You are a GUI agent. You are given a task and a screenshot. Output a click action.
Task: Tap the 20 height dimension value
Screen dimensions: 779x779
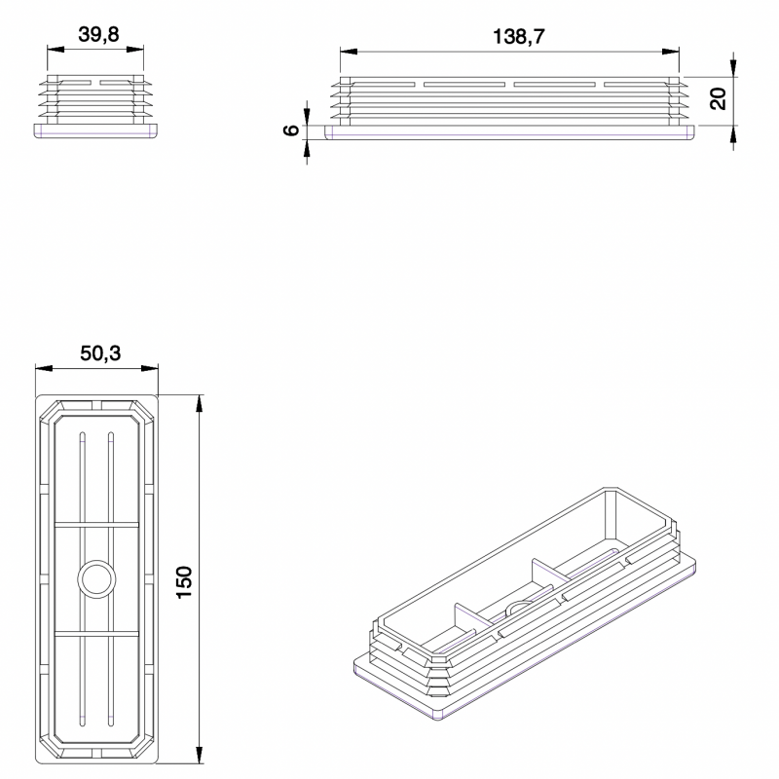pyautogui.click(x=718, y=97)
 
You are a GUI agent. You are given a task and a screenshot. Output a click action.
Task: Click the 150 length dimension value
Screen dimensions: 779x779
pyautogui.click(x=186, y=581)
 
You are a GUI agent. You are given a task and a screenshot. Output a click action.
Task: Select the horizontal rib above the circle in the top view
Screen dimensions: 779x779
pyautogui.click(x=96, y=525)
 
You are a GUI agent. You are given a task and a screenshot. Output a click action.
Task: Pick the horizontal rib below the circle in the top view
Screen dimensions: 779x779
pyautogui.click(x=96, y=632)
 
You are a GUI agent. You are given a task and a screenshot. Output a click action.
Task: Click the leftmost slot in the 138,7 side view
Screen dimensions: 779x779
pyautogui.click(x=376, y=85)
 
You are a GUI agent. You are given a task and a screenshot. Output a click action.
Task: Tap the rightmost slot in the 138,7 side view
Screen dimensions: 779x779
pyautogui.click(x=638, y=85)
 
